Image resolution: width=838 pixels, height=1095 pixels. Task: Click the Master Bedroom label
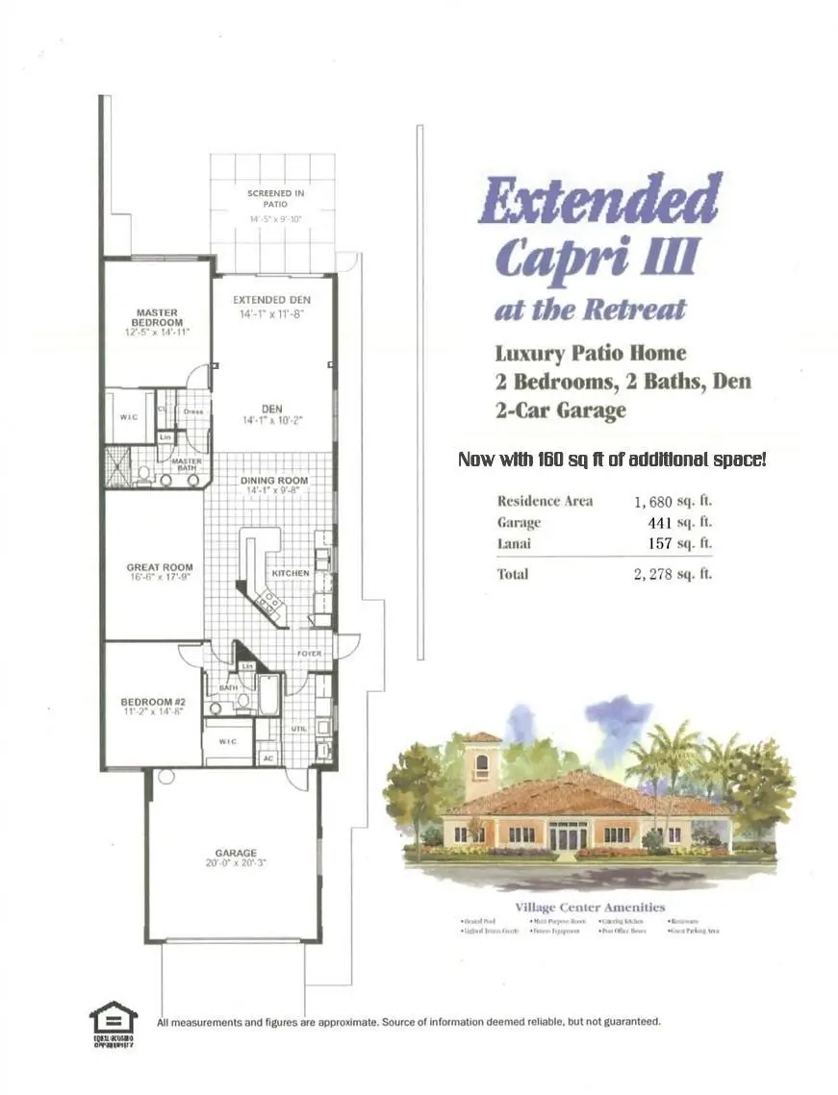156,316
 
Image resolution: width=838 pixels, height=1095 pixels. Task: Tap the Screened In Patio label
276,198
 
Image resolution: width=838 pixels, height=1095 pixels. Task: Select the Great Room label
160,568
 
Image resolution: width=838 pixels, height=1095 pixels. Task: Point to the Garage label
236,853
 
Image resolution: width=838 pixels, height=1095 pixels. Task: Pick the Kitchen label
291,573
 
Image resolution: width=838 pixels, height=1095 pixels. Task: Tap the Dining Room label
274,480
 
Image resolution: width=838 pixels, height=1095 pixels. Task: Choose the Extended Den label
271,300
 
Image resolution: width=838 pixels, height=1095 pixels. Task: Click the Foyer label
309,654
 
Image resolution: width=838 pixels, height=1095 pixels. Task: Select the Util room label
298,729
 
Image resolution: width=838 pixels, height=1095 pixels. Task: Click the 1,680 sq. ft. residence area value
673,501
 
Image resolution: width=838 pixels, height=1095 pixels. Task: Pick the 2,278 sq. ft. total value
673,575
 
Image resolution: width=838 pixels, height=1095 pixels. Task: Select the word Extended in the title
598,200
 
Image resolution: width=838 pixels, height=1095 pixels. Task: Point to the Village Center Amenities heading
589,907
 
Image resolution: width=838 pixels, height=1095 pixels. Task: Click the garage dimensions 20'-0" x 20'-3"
236,863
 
